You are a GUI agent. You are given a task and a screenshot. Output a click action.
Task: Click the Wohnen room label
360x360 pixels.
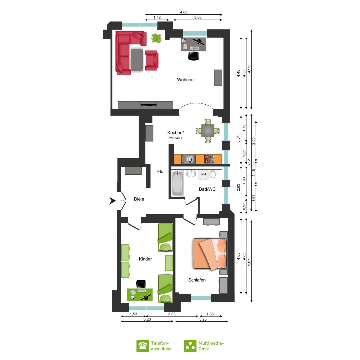[x=185, y=80]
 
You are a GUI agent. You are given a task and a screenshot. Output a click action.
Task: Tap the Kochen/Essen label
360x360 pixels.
[x=175, y=135]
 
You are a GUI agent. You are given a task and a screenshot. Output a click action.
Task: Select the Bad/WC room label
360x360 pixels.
[x=207, y=189]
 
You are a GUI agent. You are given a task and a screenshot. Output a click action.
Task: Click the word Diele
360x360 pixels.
[x=139, y=199]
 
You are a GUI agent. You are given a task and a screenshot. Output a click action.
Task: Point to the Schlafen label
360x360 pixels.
[x=197, y=280]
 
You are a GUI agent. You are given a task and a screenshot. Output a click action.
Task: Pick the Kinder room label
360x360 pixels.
[x=145, y=259]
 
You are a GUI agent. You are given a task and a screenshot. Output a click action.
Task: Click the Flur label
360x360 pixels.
[x=161, y=172]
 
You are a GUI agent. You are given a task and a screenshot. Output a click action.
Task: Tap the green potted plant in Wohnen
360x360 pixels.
[x=156, y=38]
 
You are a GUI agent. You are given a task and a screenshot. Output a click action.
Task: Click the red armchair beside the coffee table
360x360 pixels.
[x=152, y=60]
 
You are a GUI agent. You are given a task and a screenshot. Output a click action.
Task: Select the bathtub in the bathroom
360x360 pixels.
[x=178, y=184]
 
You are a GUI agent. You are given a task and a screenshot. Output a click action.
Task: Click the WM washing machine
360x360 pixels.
[x=203, y=174]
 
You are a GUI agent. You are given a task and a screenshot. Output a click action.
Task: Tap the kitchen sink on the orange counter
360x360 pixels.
[x=188, y=159]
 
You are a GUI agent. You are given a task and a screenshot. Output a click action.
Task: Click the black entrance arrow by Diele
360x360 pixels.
[x=112, y=201]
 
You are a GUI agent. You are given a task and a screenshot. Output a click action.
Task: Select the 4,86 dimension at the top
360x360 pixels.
[x=184, y=12]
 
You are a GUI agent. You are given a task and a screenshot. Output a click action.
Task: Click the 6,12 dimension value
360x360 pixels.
[x=249, y=163]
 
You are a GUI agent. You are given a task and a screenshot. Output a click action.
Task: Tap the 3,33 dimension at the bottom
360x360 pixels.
[x=172, y=314]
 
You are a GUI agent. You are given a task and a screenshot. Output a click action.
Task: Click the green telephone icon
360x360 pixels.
[x=143, y=346]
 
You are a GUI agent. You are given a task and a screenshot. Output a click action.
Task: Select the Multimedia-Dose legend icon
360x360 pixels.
[x=190, y=346]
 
